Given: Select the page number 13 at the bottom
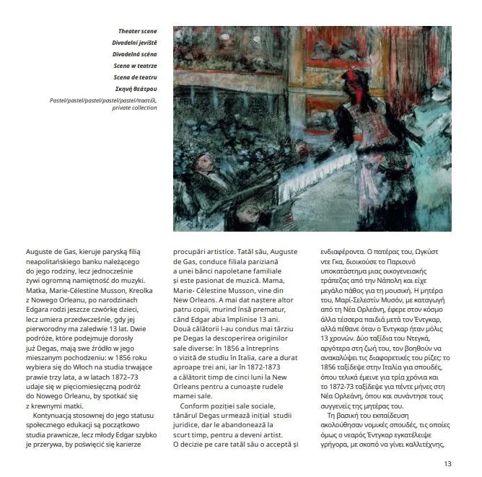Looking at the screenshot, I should (x=448, y=464).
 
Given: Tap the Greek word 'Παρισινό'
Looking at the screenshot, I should (x=424, y=264).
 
